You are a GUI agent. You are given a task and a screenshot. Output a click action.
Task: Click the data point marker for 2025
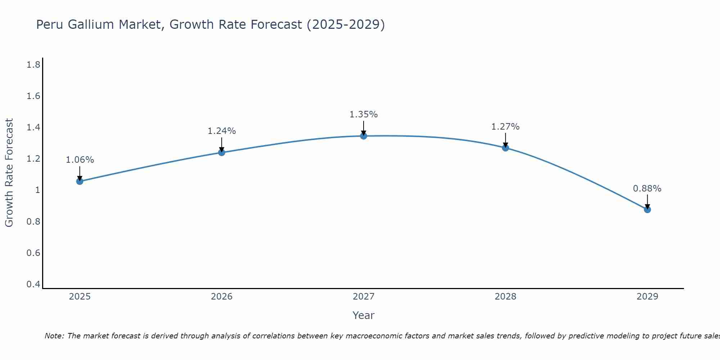tap(80, 181)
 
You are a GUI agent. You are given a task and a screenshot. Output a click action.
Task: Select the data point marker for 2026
tap(221, 152)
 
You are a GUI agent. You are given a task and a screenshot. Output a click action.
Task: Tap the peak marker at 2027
tap(363, 136)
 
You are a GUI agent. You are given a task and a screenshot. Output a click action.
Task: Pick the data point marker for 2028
tap(505, 148)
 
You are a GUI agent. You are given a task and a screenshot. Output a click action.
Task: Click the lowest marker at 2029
tap(647, 210)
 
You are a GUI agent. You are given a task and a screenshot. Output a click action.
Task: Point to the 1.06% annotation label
tap(80, 160)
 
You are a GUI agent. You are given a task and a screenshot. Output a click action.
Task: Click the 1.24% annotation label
tap(221, 131)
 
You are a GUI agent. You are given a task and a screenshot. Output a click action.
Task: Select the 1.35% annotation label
tap(363, 114)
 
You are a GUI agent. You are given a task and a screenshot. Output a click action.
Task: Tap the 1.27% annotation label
tap(505, 127)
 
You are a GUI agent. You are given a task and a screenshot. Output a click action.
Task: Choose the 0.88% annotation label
tap(647, 189)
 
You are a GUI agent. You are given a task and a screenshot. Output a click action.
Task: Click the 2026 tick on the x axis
tap(221, 297)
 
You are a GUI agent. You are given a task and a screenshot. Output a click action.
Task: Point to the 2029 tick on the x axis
tap(647, 297)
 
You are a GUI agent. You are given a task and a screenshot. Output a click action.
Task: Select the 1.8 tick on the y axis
tap(33, 65)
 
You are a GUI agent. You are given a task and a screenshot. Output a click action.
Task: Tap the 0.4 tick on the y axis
tap(33, 284)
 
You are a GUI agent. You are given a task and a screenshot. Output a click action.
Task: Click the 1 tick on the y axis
tap(37, 190)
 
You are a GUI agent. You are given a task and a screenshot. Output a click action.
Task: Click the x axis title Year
tap(363, 315)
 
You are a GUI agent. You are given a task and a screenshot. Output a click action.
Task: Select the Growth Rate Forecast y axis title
tap(9, 173)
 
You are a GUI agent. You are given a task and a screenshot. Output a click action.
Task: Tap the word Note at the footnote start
tap(54, 336)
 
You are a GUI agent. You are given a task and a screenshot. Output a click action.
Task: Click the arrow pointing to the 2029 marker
tap(647, 202)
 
